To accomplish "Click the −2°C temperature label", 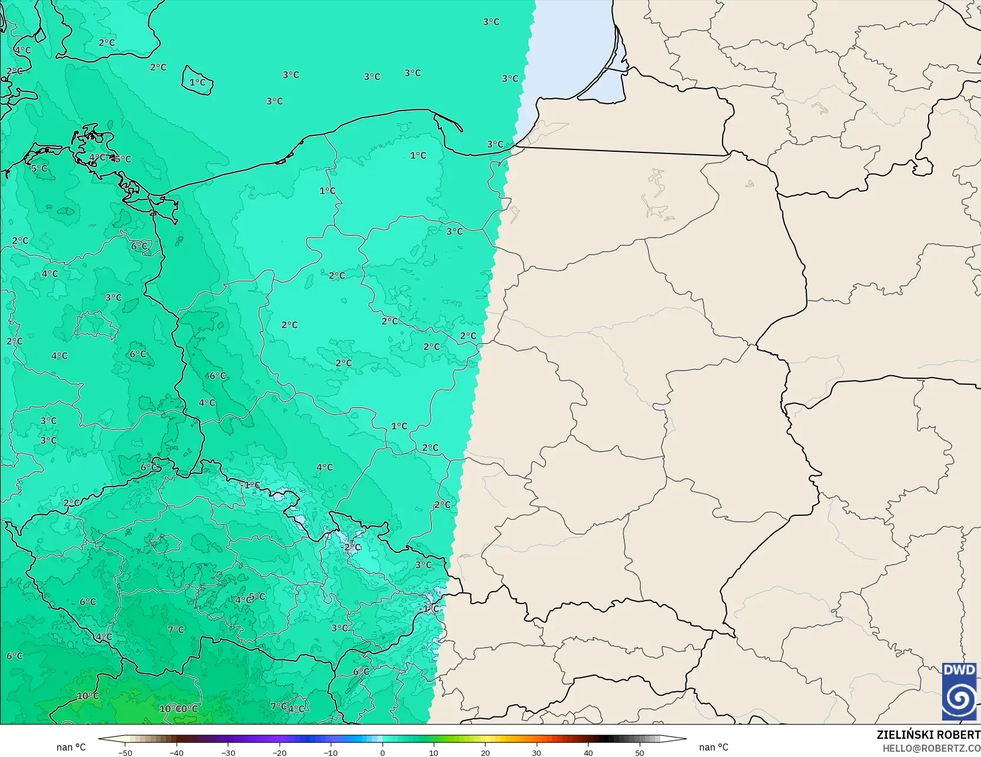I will (x=351, y=547).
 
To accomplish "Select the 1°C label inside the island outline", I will (x=198, y=82).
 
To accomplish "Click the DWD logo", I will (x=959, y=692).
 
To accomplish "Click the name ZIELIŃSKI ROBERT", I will (x=928, y=735).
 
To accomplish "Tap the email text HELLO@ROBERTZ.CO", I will (x=931, y=748).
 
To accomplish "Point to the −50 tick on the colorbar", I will (x=125, y=753).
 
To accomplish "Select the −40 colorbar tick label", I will (x=176, y=753).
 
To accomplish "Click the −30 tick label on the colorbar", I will (x=228, y=753).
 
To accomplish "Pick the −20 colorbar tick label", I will (x=279, y=753).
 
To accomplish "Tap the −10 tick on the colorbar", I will (x=331, y=753).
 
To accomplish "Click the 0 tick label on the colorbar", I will (x=383, y=753).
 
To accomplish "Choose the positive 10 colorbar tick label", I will (x=434, y=753).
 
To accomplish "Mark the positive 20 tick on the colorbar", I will (x=485, y=753).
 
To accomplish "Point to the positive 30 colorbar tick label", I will (x=537, y=753).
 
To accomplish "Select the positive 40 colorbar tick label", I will (x=588, y=753).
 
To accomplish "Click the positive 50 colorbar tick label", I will (x=640, y=753).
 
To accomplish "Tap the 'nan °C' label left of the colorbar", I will (x=71, y=747).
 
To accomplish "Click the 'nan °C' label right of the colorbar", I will (x=714, y=747).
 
